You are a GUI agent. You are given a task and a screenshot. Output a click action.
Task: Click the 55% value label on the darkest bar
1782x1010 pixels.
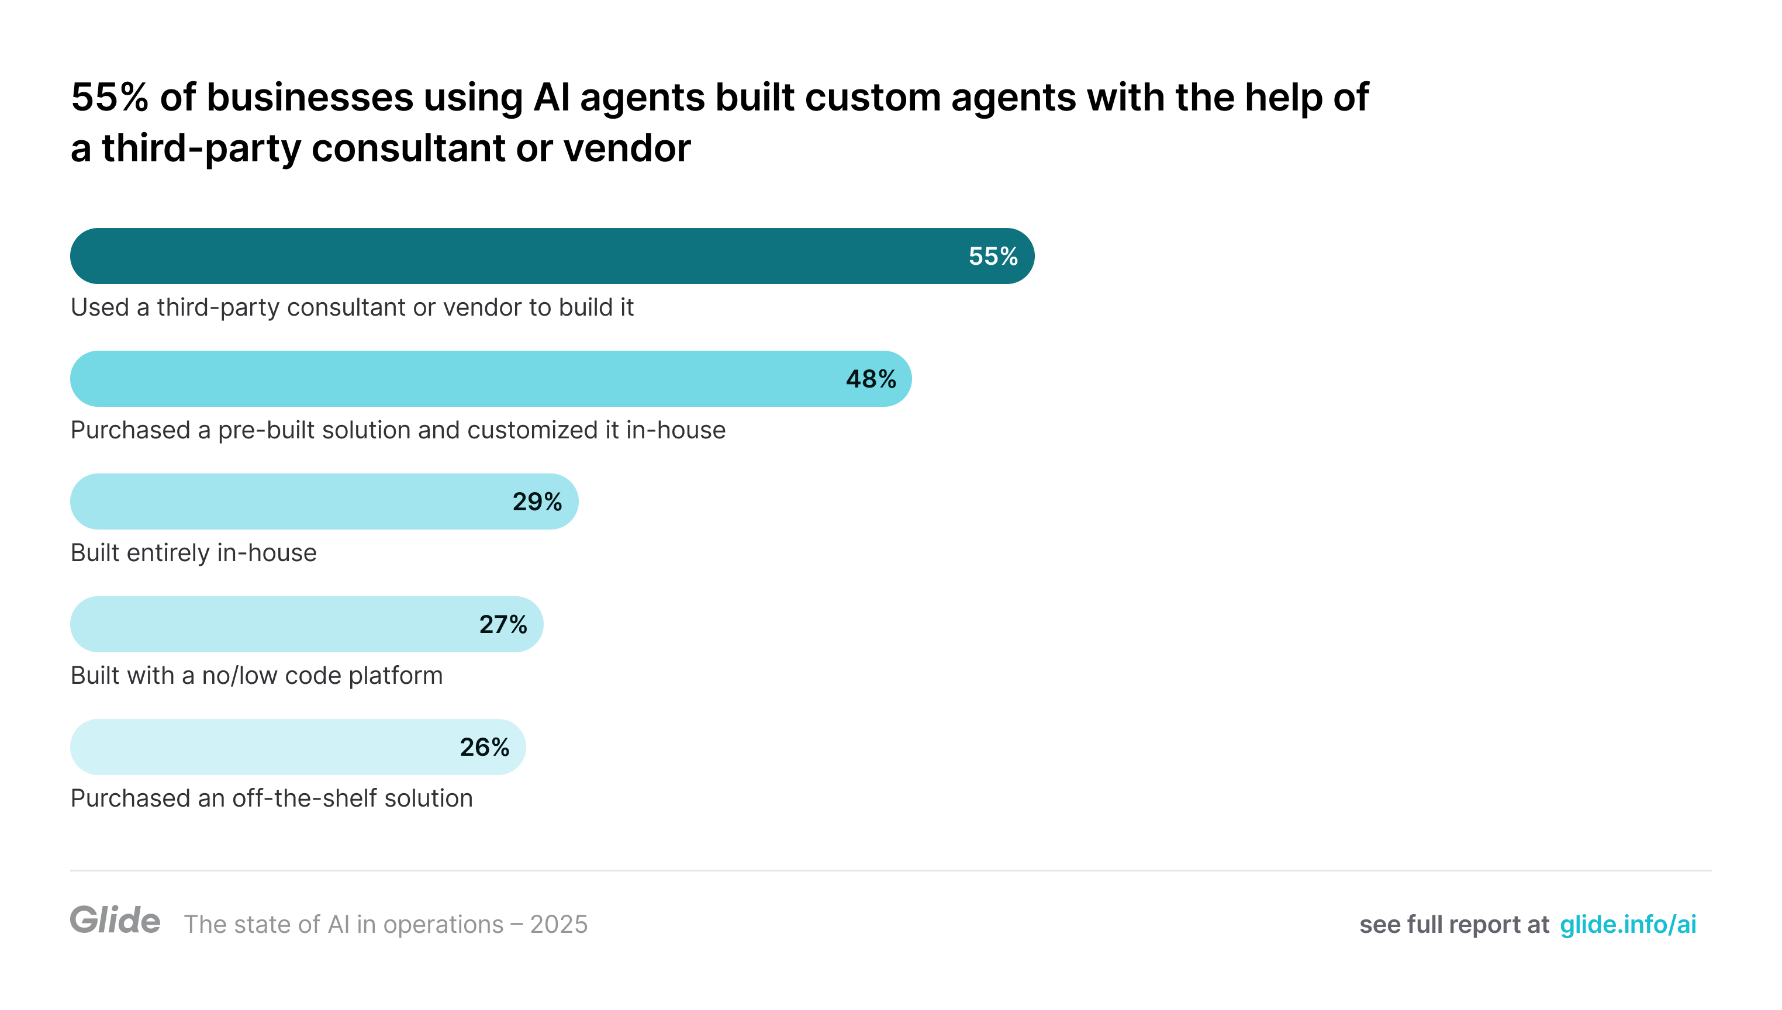coord(993,257)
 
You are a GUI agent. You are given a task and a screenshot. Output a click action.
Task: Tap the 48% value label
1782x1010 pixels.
coord(871,379)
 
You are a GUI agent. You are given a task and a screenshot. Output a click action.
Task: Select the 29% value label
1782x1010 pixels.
coord(537,502)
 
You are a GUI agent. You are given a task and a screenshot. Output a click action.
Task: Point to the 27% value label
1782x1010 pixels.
coord(503,625)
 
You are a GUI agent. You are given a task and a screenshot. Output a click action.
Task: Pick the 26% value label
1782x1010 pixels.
coord(484,748)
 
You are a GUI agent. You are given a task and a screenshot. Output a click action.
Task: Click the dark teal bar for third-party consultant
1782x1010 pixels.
coord(486,257)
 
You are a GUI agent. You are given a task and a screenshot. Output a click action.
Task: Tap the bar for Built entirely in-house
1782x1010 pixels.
coord(278,502)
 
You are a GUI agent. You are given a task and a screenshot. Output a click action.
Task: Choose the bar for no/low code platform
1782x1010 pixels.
coord(264,625)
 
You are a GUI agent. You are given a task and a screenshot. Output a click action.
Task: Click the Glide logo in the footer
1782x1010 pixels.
coord(115,921)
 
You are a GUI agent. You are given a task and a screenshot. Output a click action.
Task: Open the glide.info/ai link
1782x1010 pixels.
coord(1627,925)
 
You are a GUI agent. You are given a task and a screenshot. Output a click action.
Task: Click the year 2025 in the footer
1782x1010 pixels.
coord(558,925)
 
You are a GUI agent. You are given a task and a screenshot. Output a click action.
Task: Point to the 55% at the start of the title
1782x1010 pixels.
coord(109,97)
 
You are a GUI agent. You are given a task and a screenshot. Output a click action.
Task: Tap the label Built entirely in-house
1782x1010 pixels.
coord(194,553)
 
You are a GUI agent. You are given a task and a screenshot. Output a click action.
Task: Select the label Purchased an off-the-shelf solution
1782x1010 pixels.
coord(271,798)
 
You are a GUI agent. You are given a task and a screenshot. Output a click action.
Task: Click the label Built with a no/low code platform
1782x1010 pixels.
coord(257,676)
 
